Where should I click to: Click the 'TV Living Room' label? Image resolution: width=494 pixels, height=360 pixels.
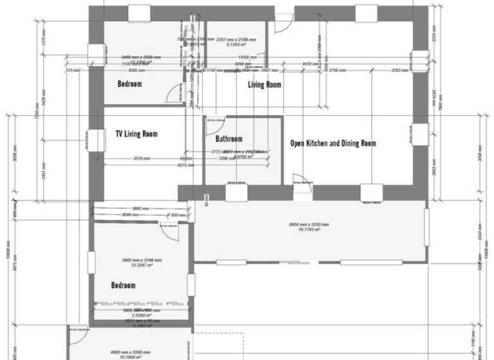click(x=136, y=134)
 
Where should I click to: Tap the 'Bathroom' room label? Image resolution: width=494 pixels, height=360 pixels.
click(x=229, y=139)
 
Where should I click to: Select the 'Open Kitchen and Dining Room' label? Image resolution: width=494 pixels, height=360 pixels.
click(x=333, y=143)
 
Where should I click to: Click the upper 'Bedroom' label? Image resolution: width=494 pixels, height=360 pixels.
click(x=129, y=84)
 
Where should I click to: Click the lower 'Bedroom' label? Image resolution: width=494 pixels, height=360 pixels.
click(x=123, y=285)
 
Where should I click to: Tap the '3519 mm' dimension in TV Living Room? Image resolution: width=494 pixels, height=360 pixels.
click(x=142, y=158)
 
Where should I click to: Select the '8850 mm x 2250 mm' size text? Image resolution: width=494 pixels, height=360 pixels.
click(x=309, y=224)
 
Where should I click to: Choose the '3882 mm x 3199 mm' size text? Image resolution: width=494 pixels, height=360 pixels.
click(x=142, y=260)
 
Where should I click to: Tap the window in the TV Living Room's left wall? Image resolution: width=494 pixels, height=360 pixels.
click(x=96, y=139)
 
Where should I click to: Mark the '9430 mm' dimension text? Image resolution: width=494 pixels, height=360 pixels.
click(x=307, y=64)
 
